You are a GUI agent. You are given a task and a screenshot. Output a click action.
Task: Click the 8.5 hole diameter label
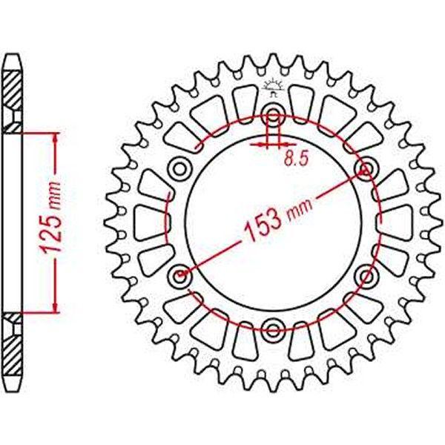coord(296,159)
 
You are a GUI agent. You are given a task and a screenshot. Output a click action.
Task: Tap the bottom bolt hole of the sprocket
coord(273,331)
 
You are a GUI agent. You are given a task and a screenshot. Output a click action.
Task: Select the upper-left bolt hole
coord(179,169)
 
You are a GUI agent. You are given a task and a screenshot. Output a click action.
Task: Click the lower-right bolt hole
coord(367,277)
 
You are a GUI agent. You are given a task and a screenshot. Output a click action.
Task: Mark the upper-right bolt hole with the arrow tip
coord(367,169)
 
